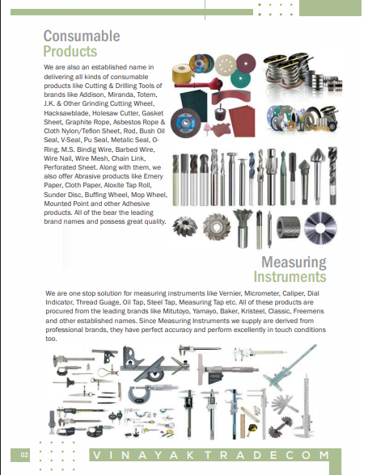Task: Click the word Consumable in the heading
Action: (82, 36)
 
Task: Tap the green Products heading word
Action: (70, 51)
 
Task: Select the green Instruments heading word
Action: (290, 276)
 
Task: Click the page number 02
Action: (24, 455)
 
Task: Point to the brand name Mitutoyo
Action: (176, 311)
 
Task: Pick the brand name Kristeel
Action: (252, 311)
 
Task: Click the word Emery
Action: (153, 176)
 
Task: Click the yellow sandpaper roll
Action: (183, 74)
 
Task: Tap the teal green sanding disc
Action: (240, 78)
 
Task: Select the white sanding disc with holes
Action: (226, 65)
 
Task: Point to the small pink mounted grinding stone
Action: (207, 128)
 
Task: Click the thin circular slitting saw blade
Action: (320, 228)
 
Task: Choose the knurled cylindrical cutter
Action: (289, 227)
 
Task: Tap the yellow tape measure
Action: (252, 428)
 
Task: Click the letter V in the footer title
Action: (97, 455)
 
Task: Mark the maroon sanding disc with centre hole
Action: (246, 64)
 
